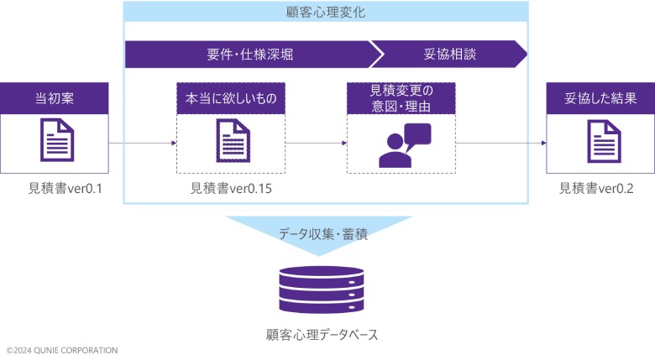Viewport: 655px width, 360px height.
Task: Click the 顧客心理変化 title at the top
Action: [325, 13]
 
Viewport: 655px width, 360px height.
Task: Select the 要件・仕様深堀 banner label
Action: [250, 55]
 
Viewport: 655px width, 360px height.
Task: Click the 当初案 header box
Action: [55, 98]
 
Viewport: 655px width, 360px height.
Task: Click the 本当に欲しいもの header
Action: [231, 98]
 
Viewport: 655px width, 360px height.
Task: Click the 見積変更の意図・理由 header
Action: [401, 98]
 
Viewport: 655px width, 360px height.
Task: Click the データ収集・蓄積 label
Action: [325, 234]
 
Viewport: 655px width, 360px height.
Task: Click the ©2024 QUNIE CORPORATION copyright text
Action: [62, 350]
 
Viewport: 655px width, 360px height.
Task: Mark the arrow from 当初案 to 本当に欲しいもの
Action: [143, 143]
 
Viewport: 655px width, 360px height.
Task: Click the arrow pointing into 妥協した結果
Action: [501, 143]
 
